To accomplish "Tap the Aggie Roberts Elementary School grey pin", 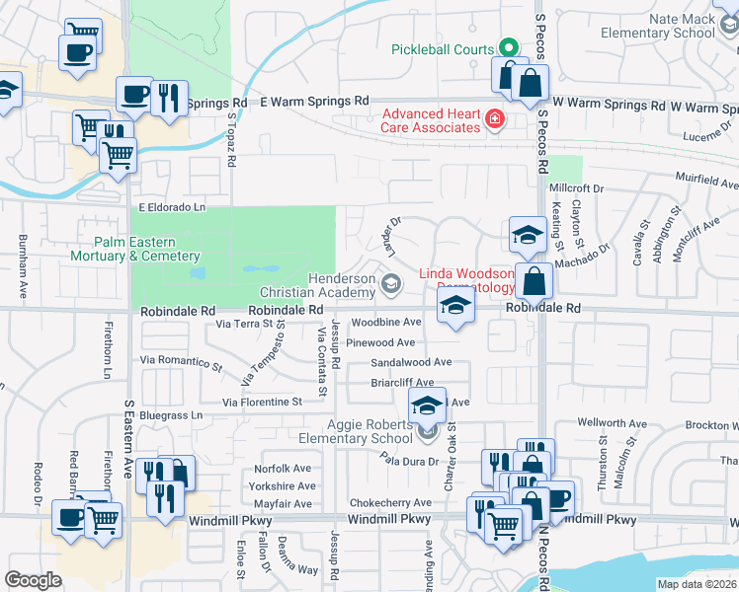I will [x=427, y=430].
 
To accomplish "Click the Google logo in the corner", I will [x=34, y=579].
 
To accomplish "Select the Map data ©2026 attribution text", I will [x=697, y=584].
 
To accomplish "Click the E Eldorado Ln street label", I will [x=172, y=207].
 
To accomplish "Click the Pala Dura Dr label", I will [x=409, y=459].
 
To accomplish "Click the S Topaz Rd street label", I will [x=233, y=137].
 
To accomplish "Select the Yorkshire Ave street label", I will [x=283, y=485].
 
